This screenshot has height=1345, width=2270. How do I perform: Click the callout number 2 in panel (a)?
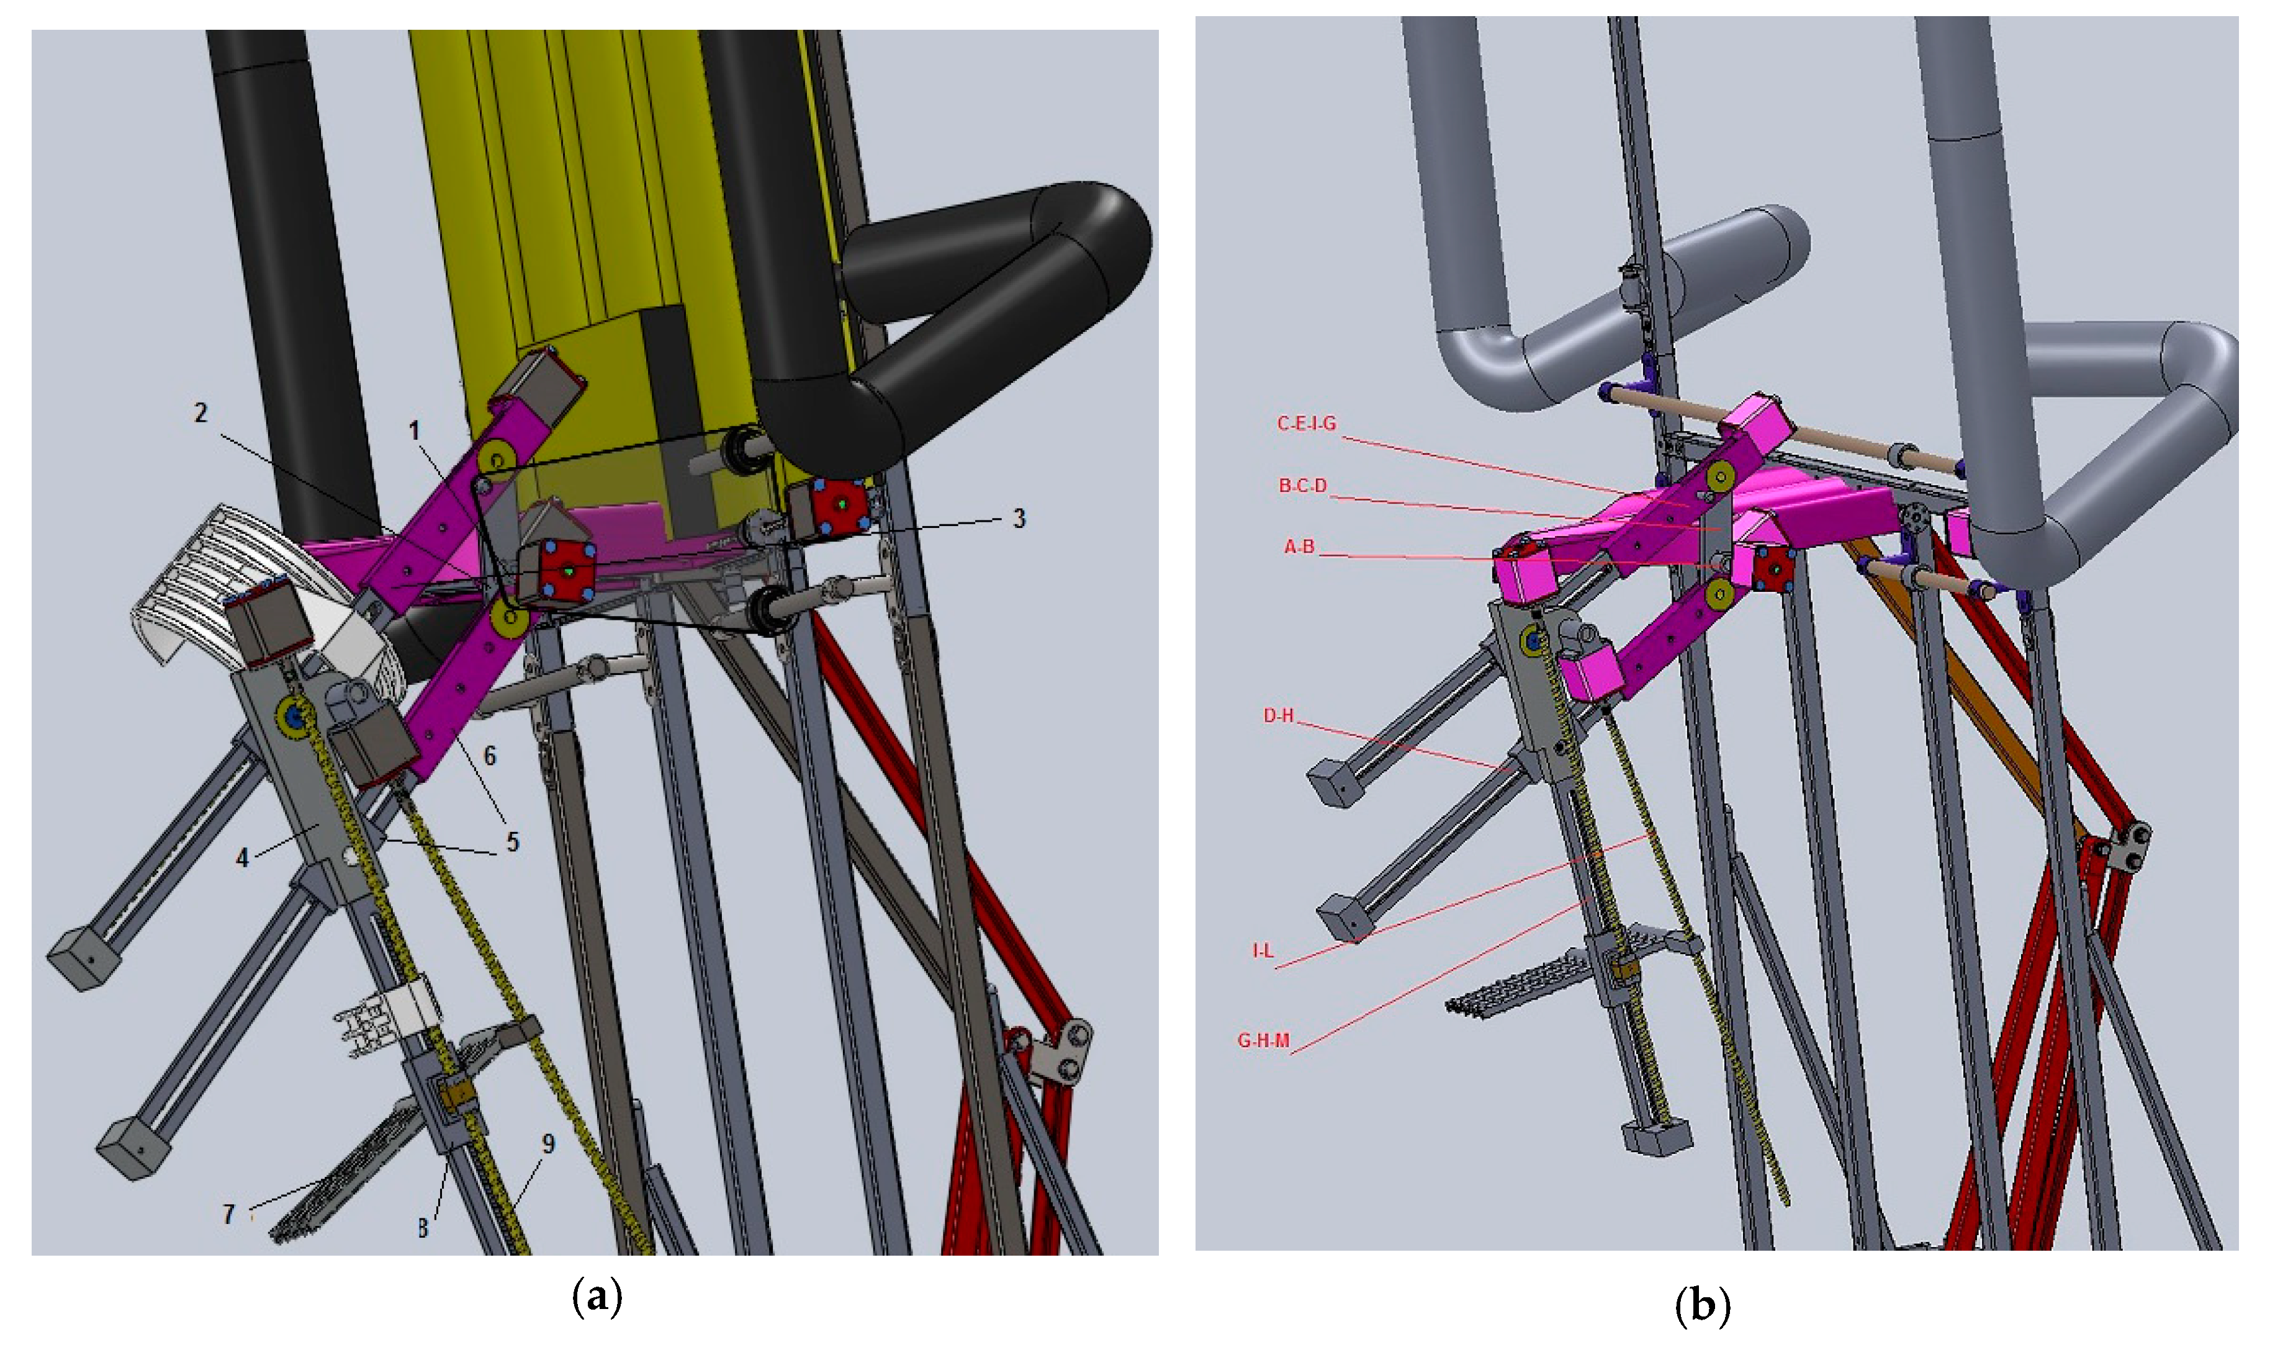tap(201, 413)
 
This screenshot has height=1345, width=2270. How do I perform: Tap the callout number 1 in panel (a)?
tap(415, 431)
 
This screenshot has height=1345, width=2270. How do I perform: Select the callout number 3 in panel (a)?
tap(1019, 519)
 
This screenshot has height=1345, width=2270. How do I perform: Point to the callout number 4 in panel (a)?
tap(242, 857)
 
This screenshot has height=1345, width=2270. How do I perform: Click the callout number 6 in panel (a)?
tap(490, 756)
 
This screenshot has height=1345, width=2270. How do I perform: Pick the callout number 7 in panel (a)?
tap(228, 1213)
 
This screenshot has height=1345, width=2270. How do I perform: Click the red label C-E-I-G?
tap(1307, 424)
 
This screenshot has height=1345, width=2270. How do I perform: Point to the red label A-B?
tap(1299, 547)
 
